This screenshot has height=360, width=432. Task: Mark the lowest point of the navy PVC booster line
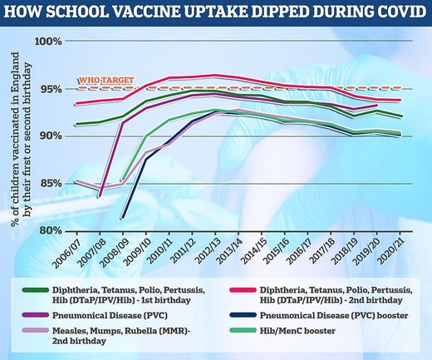coord(123,219)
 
